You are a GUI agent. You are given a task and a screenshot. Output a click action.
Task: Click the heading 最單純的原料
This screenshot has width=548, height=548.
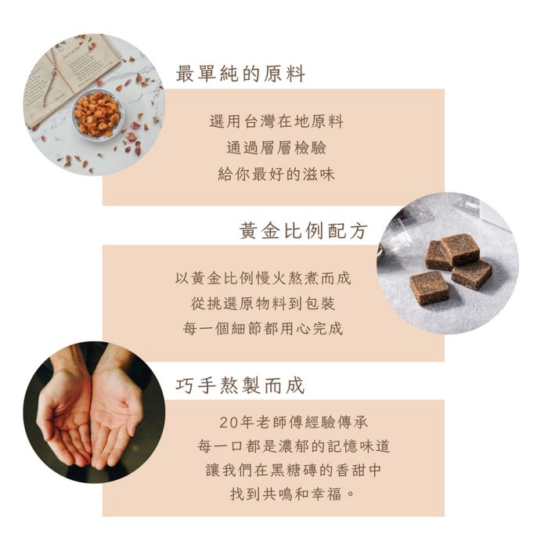point(240,74)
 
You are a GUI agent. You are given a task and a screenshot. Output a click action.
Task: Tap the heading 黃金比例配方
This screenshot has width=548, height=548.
point(303,231)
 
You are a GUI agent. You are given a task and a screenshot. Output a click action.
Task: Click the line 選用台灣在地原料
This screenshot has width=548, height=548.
point(276,122)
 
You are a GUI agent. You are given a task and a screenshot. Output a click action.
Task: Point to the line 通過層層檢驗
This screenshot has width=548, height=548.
point(276,148)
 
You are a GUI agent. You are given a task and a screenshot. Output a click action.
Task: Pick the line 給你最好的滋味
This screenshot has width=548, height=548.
point(276,175)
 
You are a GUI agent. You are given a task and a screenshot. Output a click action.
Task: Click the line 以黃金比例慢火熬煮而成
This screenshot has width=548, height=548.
point(263,278)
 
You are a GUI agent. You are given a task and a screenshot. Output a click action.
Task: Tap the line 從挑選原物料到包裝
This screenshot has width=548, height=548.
point(263,303)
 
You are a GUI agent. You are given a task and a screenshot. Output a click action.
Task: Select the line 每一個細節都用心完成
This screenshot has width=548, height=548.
point(263,329)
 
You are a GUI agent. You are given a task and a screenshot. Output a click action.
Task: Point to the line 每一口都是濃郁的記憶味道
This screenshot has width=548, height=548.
point(294,446)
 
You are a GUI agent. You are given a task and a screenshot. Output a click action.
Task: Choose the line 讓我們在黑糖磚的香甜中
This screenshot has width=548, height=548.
point(294,471)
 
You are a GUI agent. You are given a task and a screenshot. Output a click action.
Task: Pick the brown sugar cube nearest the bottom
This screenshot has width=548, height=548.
point(429,287)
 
